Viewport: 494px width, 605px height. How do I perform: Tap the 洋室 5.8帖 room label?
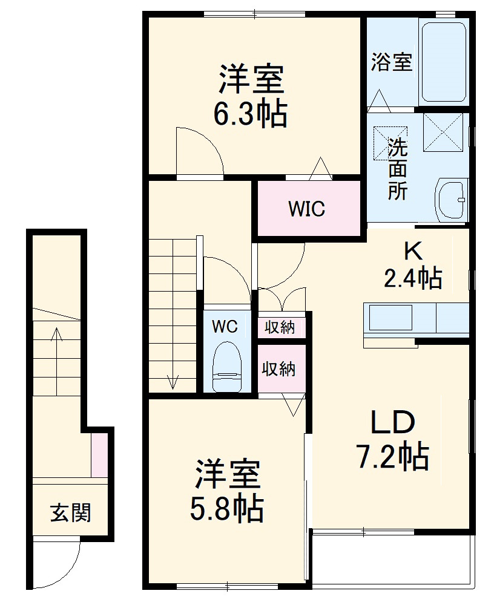point(227,491)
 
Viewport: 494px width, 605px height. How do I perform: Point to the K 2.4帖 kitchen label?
point(412,266)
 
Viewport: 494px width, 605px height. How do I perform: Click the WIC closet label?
point(306,209)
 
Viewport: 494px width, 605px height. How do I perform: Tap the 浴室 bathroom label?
point(391,62)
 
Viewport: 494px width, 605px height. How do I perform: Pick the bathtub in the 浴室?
point(443,62)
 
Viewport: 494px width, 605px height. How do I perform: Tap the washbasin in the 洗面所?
point(451,200)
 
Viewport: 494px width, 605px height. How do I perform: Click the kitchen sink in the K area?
point(391,318)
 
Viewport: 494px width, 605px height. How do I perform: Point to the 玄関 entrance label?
point(70,512)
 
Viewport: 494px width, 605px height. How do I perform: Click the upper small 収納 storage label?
point(280,327)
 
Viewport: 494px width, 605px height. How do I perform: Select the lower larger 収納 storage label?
point(278,368)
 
